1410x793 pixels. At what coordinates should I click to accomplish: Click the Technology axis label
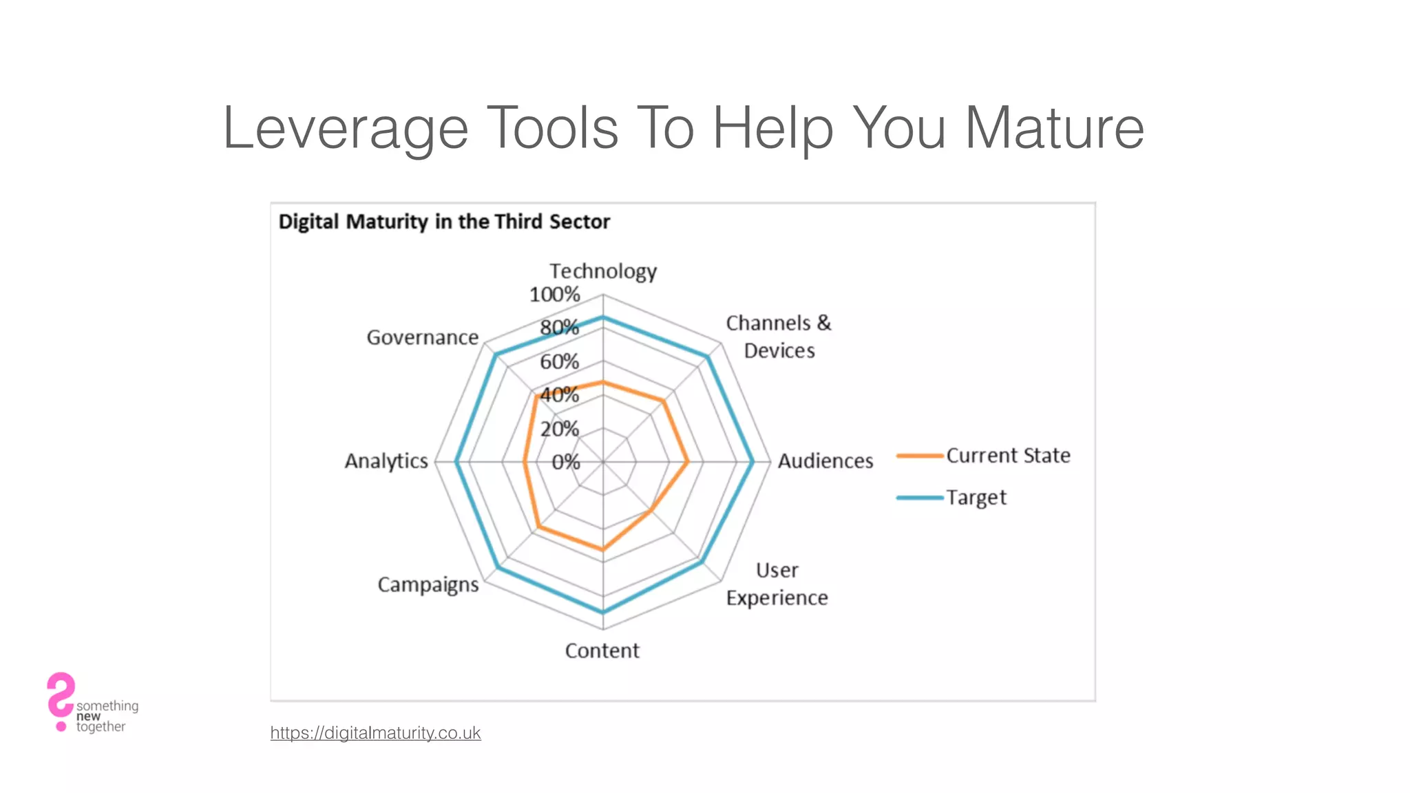[x=602, y=271]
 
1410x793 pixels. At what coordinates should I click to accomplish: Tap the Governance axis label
[x=422, y=337]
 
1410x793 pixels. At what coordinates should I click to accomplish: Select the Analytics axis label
[x=386, y=461]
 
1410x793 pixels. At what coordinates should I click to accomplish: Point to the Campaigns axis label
[x=428, y=584]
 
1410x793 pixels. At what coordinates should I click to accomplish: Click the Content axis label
[x=602, y=651]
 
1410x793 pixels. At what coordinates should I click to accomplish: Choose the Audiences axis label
[x=825, y=461]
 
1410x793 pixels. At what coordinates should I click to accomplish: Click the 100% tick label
[x=554, y=295]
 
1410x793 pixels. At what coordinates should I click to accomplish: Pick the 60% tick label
[x=559, y=361]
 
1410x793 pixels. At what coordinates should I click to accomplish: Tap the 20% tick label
[x=559, y=429]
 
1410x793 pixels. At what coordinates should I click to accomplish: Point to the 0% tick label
[x=565, y=462]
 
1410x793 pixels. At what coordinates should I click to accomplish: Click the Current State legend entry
[x=1007, y=456]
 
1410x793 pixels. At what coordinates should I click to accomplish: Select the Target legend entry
[x=976, y=497]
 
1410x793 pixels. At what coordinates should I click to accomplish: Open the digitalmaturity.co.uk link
[x=375, y=732]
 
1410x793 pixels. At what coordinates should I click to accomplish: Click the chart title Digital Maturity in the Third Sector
[x=444, y=222]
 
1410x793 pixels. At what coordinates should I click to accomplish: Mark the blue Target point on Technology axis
[x=603, y=317]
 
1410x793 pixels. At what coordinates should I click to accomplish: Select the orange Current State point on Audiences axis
[x=687, y=461]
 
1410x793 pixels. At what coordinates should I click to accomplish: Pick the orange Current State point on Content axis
[x=603, y=549]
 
